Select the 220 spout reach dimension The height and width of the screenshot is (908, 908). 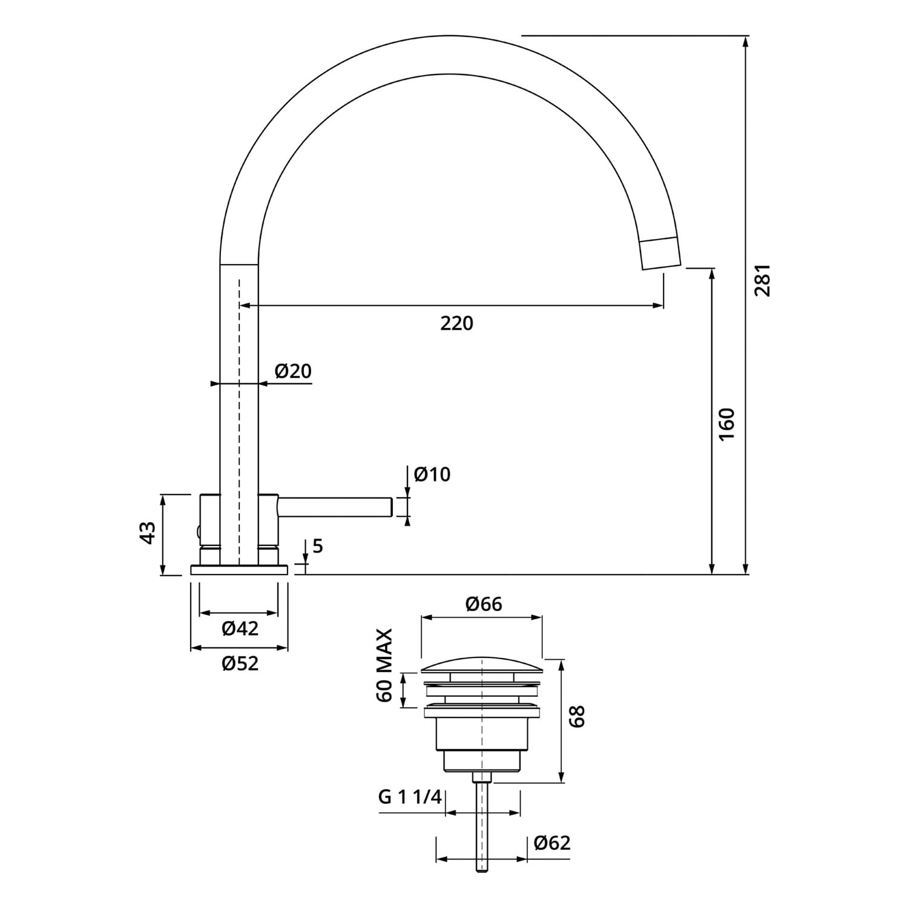[456, 323]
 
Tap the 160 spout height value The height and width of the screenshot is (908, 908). [726, 424]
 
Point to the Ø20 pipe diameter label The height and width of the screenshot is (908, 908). [293, 370]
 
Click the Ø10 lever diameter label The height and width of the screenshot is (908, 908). [432, 474]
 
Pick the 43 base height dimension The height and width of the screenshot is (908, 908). [148, 533]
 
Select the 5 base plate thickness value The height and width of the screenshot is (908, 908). [318, 546]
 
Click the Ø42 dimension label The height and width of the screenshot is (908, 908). [240, 628]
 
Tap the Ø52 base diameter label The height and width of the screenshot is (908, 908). [240, 663]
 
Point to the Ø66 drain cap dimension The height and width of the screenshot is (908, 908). [484, 604]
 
